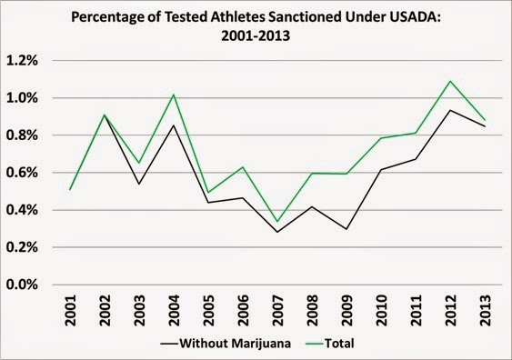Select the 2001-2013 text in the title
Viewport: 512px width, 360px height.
[256, 35]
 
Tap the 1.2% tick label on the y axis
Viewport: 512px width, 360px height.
[22, 61]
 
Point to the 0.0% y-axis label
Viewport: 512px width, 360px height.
[22, 285]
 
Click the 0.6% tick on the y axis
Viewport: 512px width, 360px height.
[22, 173]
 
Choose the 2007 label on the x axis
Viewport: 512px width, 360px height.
[278, 310]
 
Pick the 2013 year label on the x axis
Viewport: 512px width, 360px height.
[486, 310]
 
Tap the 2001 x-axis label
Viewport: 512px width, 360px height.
[70, 310]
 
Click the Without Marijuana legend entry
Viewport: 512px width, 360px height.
[226, 344]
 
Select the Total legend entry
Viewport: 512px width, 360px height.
[330, 344]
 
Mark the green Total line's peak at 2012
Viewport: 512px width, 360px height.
[450, 81]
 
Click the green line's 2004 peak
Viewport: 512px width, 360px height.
[174, 95]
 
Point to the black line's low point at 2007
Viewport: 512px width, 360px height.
[277, 232]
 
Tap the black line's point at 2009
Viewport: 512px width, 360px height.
[346, 229]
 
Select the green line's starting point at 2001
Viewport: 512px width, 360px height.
[70, 190]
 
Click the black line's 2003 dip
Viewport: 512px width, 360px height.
[139, 185]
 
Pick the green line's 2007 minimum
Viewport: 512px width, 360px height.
[277, 222]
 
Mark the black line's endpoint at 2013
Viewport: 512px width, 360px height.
[486, 126]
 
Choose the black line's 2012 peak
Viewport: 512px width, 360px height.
[450, 110]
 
